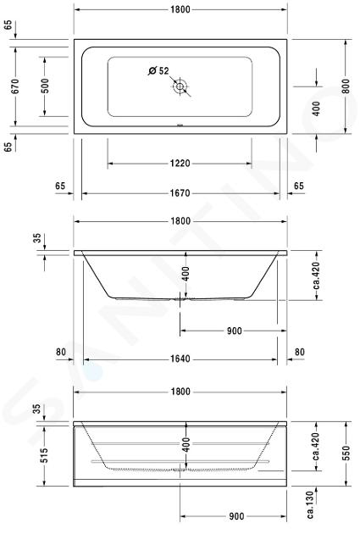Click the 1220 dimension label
[180, 164]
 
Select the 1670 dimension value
[180, 193]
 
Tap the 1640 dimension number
[180, 359]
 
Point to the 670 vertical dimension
[15, 86]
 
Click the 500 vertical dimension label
[45, 86]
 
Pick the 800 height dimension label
[346, 86]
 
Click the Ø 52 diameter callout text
[158, 71]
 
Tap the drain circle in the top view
[180, 86]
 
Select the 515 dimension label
[44, 455]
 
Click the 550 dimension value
[346, 453]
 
